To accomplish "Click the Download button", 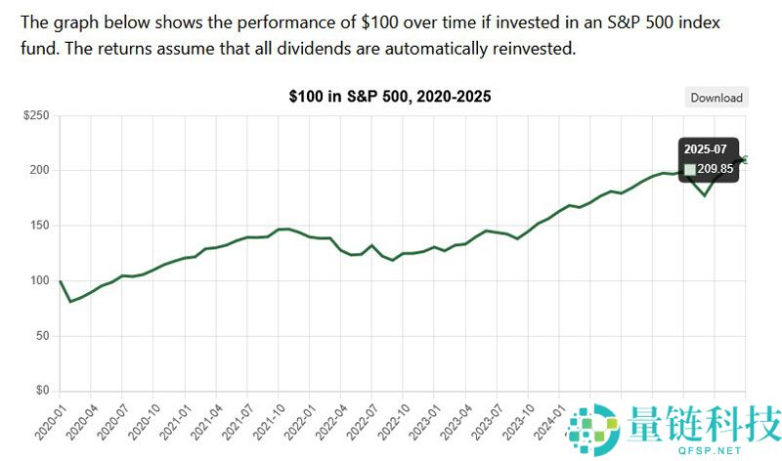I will coord(717,98).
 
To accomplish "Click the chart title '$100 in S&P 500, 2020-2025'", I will coord(390,97).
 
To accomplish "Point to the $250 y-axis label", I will coord(36,116).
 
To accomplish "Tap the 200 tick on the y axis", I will coord(39,171).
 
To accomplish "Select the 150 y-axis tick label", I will coord(39,226).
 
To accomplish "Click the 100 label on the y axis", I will coord(39,281).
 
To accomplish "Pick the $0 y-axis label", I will coord(42,391).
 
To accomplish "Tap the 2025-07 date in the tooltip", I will coord(704,149).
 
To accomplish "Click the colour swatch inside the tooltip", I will coord(690,169).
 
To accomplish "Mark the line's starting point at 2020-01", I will coord(61,281).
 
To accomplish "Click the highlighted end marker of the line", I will coord(745,159).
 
